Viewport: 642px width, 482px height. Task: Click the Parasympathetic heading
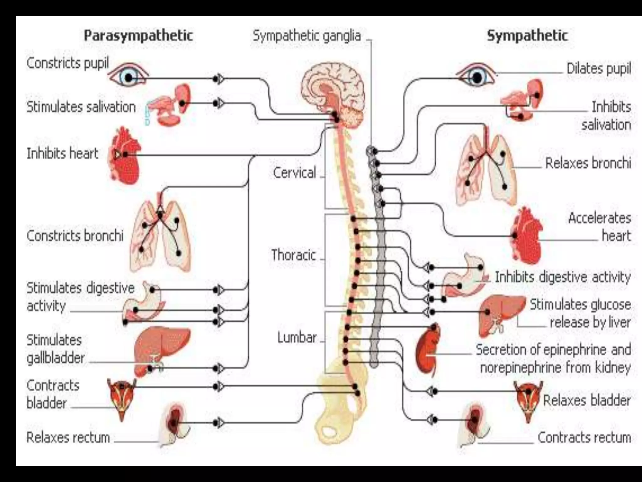click(138, 35)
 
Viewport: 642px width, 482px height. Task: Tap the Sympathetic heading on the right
click(527, 35)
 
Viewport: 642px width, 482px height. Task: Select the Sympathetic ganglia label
click(307, 36)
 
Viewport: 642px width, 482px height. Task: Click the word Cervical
click(294, 173)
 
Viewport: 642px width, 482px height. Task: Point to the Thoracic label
click(293, 255)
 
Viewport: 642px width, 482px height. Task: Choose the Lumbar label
click(297, 338)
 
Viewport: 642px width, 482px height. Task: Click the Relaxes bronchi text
click(588, 163)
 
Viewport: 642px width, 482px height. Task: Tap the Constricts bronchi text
click(75, 236)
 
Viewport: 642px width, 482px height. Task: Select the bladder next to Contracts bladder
click(121, 397)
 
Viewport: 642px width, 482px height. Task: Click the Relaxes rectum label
click(68, 437)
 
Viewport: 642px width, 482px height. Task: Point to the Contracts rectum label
click(584, 437)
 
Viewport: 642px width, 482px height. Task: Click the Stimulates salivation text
click(81, 107)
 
